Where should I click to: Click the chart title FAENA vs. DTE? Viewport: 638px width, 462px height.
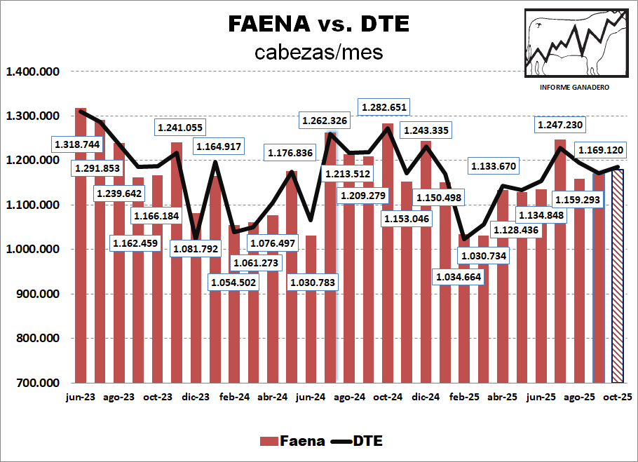[x=319, y=24]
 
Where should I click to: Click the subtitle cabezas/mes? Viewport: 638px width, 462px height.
[x=319, y=52]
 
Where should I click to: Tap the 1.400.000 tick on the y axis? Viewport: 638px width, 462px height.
[x=33, y=72]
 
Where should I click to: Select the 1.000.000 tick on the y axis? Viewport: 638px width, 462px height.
[x=33, y=250]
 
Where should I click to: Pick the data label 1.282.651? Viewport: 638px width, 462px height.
[x=384, y=107]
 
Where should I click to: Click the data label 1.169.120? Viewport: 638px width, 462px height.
[x=601, y=149]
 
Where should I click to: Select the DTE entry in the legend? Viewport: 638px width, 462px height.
[x=358, y=441]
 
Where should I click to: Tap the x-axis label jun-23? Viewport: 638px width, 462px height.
[x=80, y=397]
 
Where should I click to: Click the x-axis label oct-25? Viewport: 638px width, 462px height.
[x=617, y=397]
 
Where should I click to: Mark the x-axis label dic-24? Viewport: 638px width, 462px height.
[x=425, y=397]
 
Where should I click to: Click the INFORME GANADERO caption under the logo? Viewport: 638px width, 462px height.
[x=574, y=86]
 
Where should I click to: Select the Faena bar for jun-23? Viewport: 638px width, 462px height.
[x=81, y=245]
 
